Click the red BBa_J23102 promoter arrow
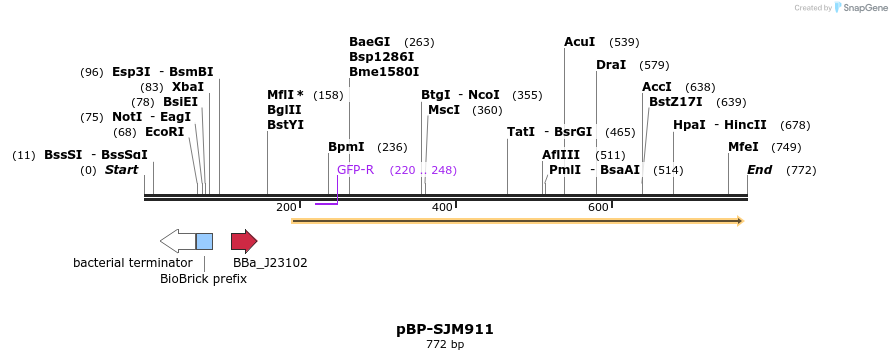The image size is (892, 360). coord(244,241)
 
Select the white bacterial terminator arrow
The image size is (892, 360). coord(177,241)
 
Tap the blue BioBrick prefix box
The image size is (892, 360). coord(204,241)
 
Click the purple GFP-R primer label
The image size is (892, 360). coord(355,170)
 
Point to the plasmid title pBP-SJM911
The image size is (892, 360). coord(445,329)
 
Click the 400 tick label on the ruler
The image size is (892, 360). coord(442,207)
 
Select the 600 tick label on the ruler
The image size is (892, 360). coord(598,207)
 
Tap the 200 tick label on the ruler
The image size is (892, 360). coord(286,207)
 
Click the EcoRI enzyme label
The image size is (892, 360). coord(165,132)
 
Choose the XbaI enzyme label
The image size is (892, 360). coord(188,87)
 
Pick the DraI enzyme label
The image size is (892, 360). coord(611,65)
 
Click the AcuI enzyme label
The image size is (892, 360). coord(580,42)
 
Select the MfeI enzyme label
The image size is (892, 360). coord(743,147)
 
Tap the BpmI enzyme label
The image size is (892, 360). coord(346,147)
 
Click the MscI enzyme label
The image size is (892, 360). coord(444,110)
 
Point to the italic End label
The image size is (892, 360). coord(760,170)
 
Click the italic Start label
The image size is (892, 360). coord(122,170)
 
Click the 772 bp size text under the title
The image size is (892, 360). coord(445,345)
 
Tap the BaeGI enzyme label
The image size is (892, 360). coord(370,42)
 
